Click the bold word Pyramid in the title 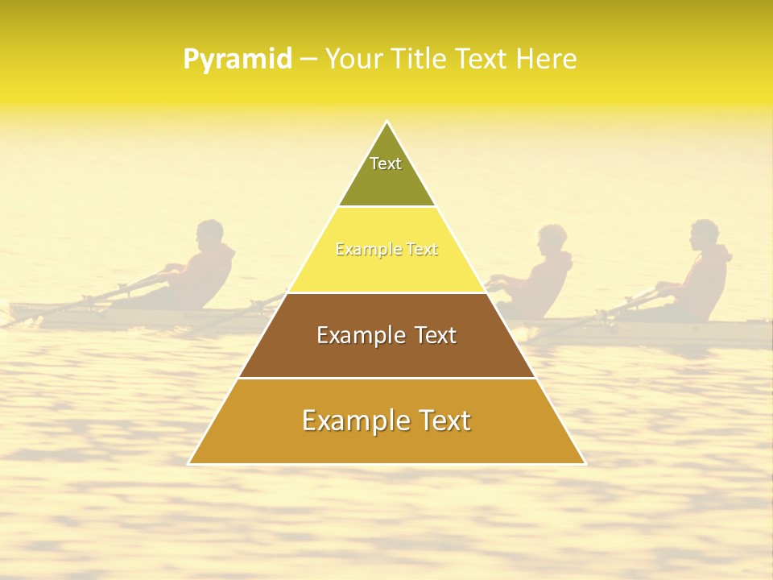(238, 60)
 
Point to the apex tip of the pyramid (387, 122)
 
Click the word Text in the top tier (386, 164)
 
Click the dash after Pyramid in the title (308, 60)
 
